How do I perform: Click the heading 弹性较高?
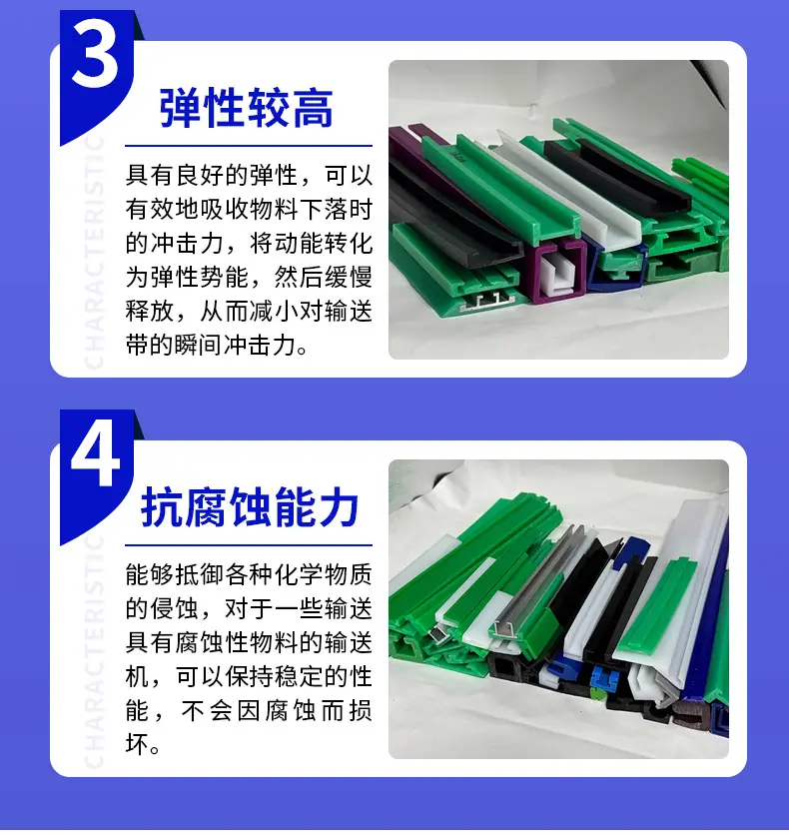pyautogui.click(x=247, y=109)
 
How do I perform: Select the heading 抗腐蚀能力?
pyautogui.click(x=249, y=507)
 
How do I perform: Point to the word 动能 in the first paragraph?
pyautogui.click(x=299, y=244)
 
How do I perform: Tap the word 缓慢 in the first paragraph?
pyautogui.click(x=348, y=277)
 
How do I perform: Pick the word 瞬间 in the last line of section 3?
pyautogui.click(x=199, y=345)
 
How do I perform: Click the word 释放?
pyautogui.click(x=150, y=311)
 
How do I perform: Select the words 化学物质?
pyautogui.click(x=324, y=574)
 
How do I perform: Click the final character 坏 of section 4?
pyautogui.click(x=137, y=744)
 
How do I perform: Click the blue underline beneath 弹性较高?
pyautogui.click(x=249, y=146)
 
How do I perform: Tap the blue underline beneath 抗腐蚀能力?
pyautogui.click(x=249, y=544)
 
